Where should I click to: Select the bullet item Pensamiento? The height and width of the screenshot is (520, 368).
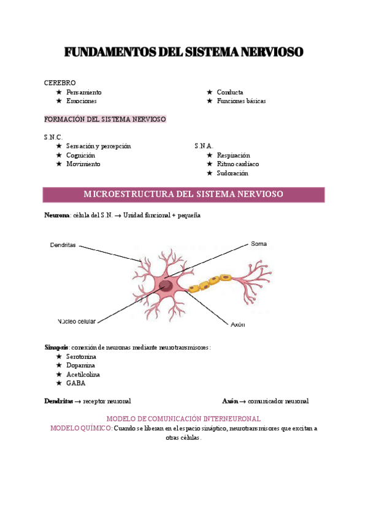[84, 92]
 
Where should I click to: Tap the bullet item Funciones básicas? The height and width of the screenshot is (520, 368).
[241, 101]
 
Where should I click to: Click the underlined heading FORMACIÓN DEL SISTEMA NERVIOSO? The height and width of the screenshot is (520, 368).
[105, 119]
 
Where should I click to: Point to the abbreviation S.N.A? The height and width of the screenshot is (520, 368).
[204, 147]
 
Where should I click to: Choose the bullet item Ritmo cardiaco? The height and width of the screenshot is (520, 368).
[237, 164]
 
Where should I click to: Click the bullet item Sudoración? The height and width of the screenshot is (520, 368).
[232, 174]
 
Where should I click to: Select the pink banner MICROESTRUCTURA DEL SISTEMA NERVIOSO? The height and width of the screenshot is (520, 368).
[183, 194]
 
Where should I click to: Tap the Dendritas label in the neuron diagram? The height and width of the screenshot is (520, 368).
[63, 245]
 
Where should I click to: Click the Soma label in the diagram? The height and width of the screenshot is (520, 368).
[258, 243]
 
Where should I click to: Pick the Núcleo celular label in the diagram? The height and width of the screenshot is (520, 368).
[77, 321]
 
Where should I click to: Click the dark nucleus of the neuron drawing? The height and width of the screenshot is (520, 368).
[166, 285]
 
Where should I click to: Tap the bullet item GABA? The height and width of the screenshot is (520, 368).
[75, 383]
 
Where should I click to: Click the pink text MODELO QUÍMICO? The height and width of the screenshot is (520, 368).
[81, 429]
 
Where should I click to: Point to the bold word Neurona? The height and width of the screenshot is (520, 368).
[57, 216]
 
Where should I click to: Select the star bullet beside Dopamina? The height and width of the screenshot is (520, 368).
[59, 365]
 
